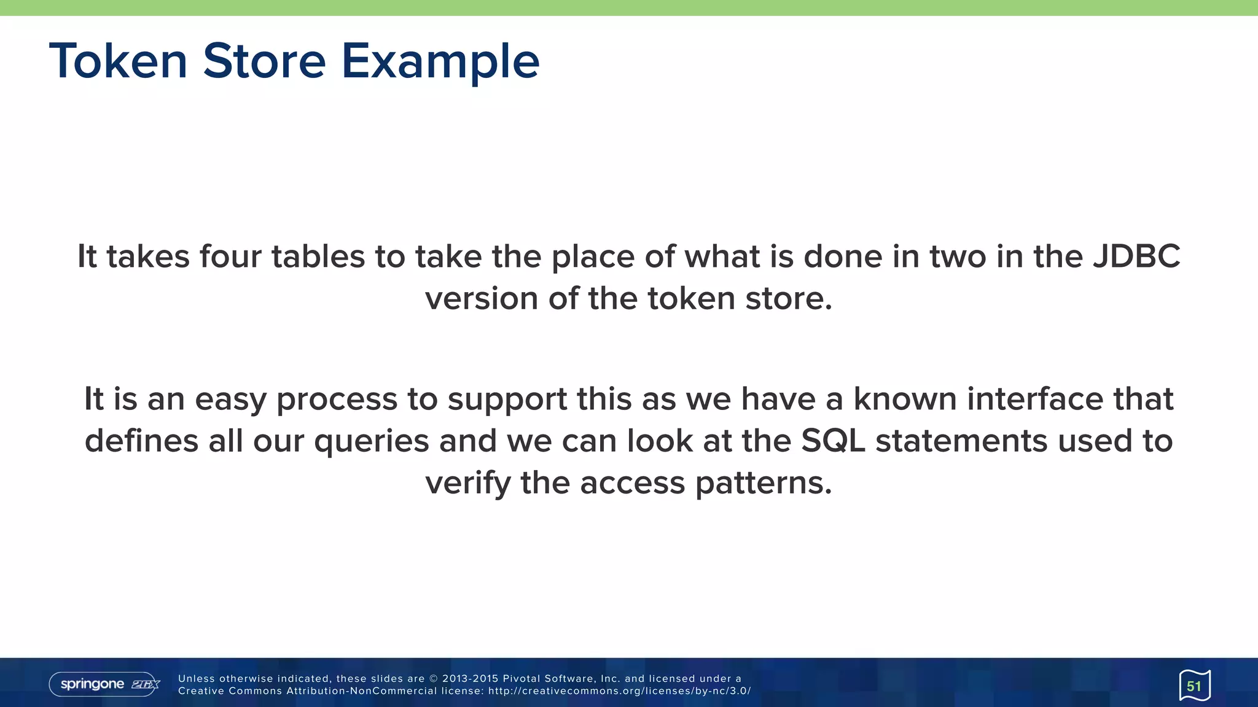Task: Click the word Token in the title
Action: point(118,61)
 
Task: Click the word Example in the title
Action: point(440,61)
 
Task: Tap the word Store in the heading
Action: point(264,61)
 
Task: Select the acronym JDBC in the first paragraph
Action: point(1136,257)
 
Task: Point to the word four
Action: point(230,257)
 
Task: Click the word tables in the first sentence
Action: point(318,257)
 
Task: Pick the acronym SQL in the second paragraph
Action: point(833,441)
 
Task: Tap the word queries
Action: point(371,441)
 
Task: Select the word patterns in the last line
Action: point(764,483)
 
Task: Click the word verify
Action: point(467,483)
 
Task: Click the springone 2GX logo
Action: point(104,684)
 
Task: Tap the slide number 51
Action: point(1194,686)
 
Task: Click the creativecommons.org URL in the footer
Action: point(619,691)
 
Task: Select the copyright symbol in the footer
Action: point(433,679)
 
